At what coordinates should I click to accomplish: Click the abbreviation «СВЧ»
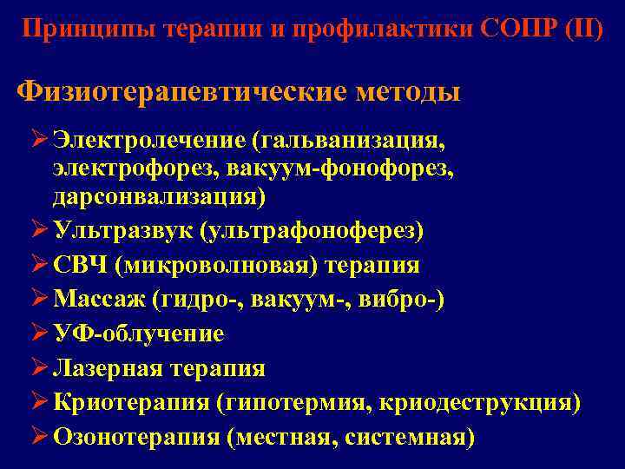coord(78,265)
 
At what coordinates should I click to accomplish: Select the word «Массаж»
coord(99,300)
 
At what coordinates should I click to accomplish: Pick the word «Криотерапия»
coord(131,403)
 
